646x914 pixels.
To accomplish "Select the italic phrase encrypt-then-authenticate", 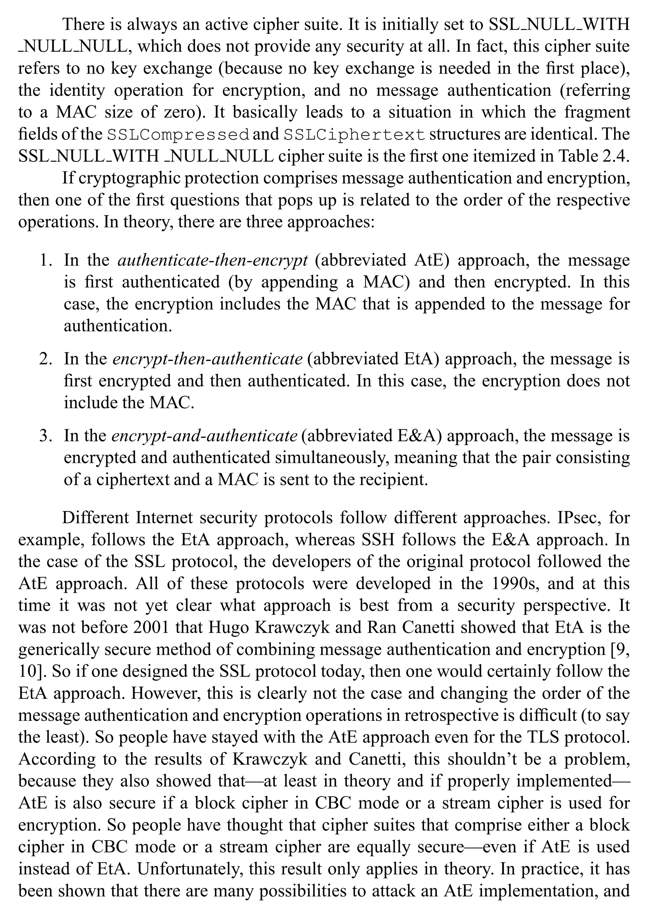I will click(x=207, y=359).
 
